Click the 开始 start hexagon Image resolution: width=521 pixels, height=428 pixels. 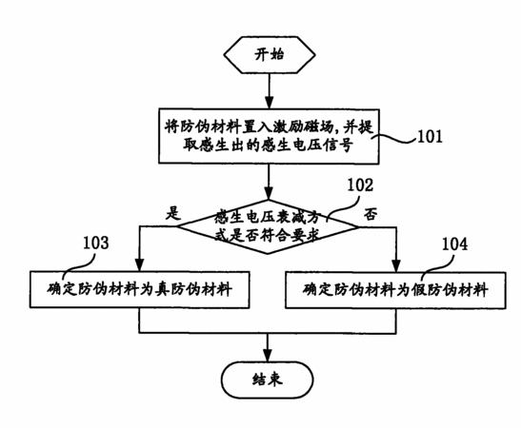(x=270, y=55)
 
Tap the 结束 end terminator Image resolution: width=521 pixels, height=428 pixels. (x=268, y=379)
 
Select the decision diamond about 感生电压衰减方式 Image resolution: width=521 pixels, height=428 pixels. (x=268, y=227)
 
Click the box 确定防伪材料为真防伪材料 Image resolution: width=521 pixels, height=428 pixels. (x=140, y=290)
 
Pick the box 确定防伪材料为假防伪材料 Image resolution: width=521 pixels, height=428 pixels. (x=395, y=290)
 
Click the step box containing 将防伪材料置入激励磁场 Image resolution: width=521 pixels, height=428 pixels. (x=269, y=136)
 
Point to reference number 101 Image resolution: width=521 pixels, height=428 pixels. (x=430, y=136)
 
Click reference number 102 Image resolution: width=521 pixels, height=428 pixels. (x=360, y=185)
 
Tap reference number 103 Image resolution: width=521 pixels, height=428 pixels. (x=95, y=243)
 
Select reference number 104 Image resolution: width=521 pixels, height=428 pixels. (x=454, y=243)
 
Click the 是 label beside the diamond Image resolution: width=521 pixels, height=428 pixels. (x=173, y=213)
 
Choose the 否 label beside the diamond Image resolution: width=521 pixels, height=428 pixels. (x=371, y=214)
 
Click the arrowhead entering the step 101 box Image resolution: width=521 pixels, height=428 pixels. (x=270, y=103)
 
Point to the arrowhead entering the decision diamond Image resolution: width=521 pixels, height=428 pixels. (x=269, y=194)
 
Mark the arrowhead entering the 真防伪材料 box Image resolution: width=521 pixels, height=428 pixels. (x=140, y=265)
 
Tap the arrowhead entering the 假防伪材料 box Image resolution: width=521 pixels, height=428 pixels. (x=396, y=265)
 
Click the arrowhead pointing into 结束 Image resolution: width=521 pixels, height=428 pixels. (x=268, y=356)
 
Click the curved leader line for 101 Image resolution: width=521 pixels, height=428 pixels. (x=394, y=139)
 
